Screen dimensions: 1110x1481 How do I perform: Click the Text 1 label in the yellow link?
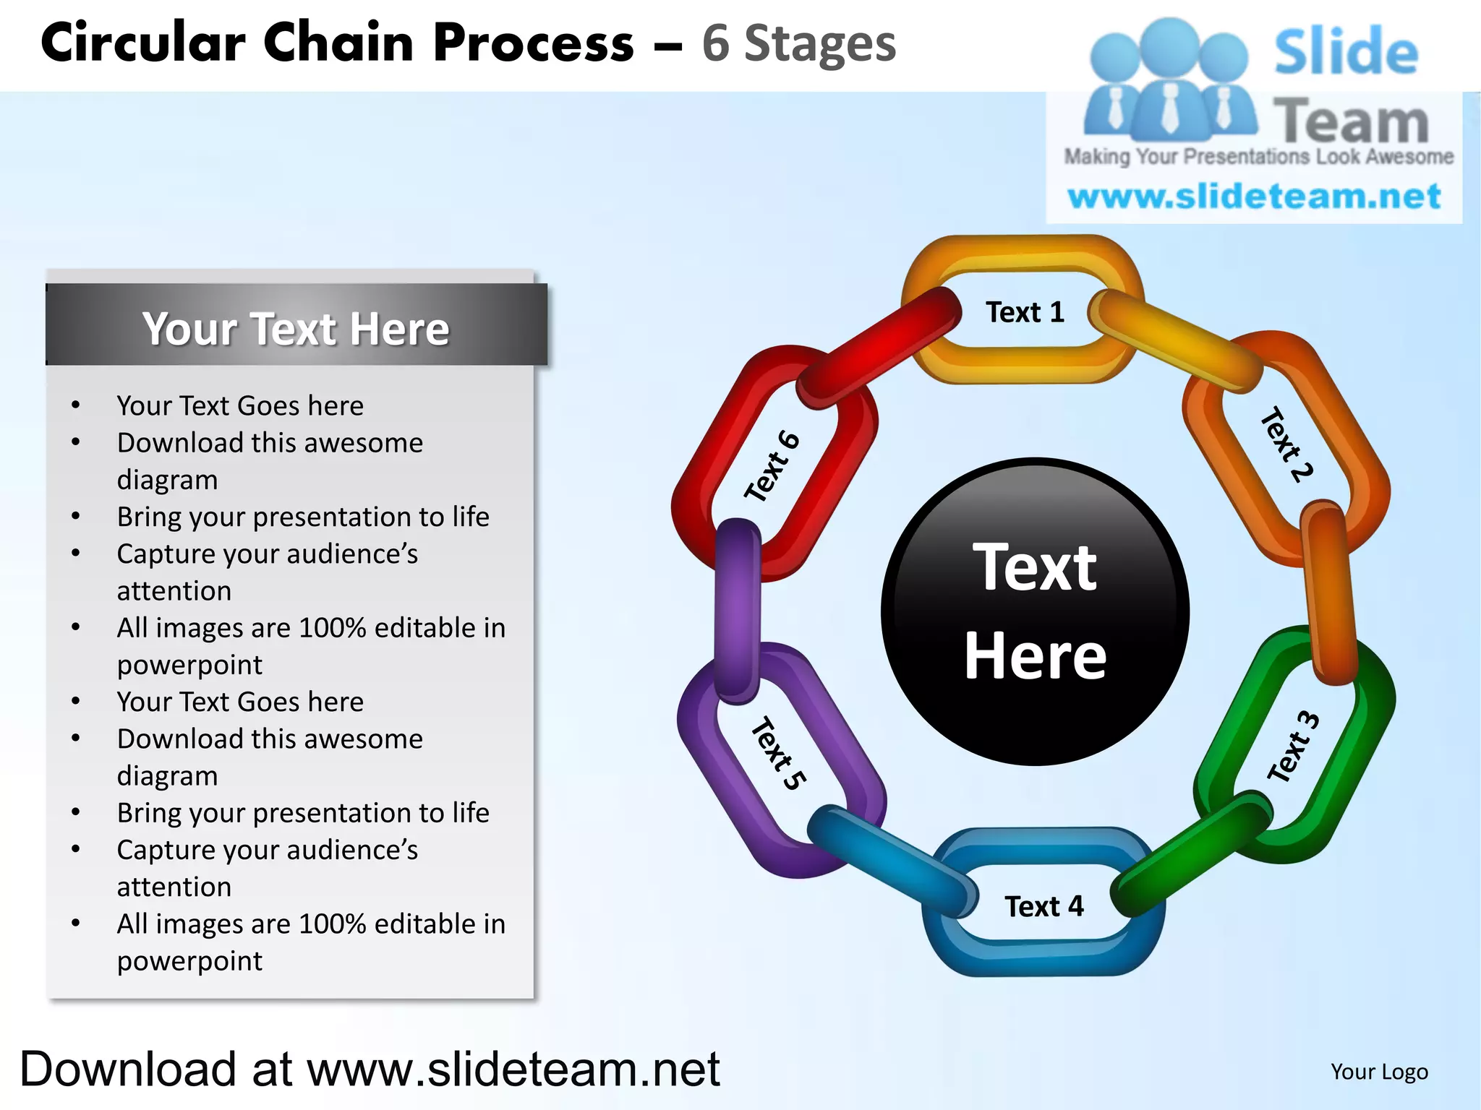pyautogui.click(x=1025, y=312)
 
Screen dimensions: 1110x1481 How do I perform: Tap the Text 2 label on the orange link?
pyautogui.click(x=1286, y=444)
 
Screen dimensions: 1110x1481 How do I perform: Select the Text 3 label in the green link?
pyautogui.click(x=1294, y=746)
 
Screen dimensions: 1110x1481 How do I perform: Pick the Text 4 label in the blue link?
pyautogui.click(x=1044, y=906)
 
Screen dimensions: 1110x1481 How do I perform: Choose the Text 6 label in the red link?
pyautogui.click(x=772, y=466)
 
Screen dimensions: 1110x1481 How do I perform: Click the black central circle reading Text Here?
pyautogui.click(x=1036, y=611)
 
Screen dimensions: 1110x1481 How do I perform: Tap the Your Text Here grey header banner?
pyautogui.click(x=296, y=328)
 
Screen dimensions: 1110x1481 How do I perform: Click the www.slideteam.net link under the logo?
pyautogui.click(x=1254, y=197)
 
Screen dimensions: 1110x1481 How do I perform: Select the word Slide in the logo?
pyautogui.click(x=1345, y=52)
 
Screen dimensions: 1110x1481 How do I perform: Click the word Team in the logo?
pyautogui.click(x=1350, y=121)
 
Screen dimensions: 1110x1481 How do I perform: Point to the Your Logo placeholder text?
pyautogui.click(x=1379, y=1072)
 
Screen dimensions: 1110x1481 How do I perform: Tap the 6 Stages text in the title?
pyautogui.click(x=798, y=43)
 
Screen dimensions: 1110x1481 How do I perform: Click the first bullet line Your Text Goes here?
pyautogui.click(x=240, y=405)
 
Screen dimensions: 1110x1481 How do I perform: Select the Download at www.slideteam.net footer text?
pyautogui.click(x=370, y=1069)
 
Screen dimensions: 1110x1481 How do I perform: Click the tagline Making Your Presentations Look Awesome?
pyautogui.click(x=1258, y=157)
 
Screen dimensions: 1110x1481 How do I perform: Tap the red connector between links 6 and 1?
pyautogui.click(x=879, y=346)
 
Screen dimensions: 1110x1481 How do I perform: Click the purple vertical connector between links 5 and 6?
pyautogui.click(x=737, y=611)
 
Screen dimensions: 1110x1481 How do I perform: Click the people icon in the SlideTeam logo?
pyautogui.click(x=1169, y=79)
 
